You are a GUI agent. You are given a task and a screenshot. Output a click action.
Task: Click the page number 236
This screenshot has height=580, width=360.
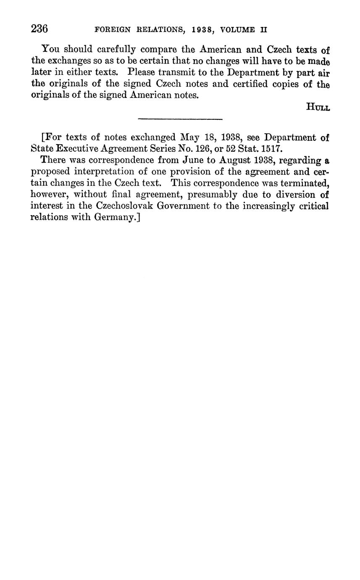pos(39,29)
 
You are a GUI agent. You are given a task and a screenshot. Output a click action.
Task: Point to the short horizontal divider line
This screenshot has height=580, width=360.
pos(180,119)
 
